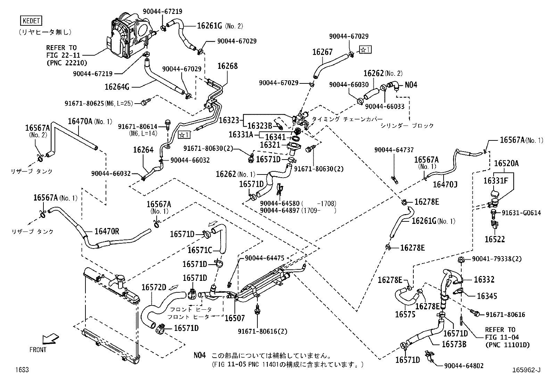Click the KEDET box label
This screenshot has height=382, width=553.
pyautogui.click(x=32, y=21)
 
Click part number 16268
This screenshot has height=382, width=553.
pyautogui.click(x=228, y=66)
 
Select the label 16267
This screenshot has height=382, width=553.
pyautogui.click(x=322, y=52)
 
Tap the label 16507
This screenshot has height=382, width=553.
pyautogui.click(x=235, y=318)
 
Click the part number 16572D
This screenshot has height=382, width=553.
pyautogui.click(x=154, y=287)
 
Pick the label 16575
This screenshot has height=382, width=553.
pyautogui.click(x=405, y=315)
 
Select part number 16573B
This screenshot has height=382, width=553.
pyautogui.click(x=454, y=344)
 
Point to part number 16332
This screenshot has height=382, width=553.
pyautogui.click(x=484, y=279)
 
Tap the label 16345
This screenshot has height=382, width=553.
pyautogui.click(x=487, y=296)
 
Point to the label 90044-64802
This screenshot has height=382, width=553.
pyautogui.click(x=464, y=366)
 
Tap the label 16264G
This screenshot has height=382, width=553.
pyautogui.click(x=117, y=87)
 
